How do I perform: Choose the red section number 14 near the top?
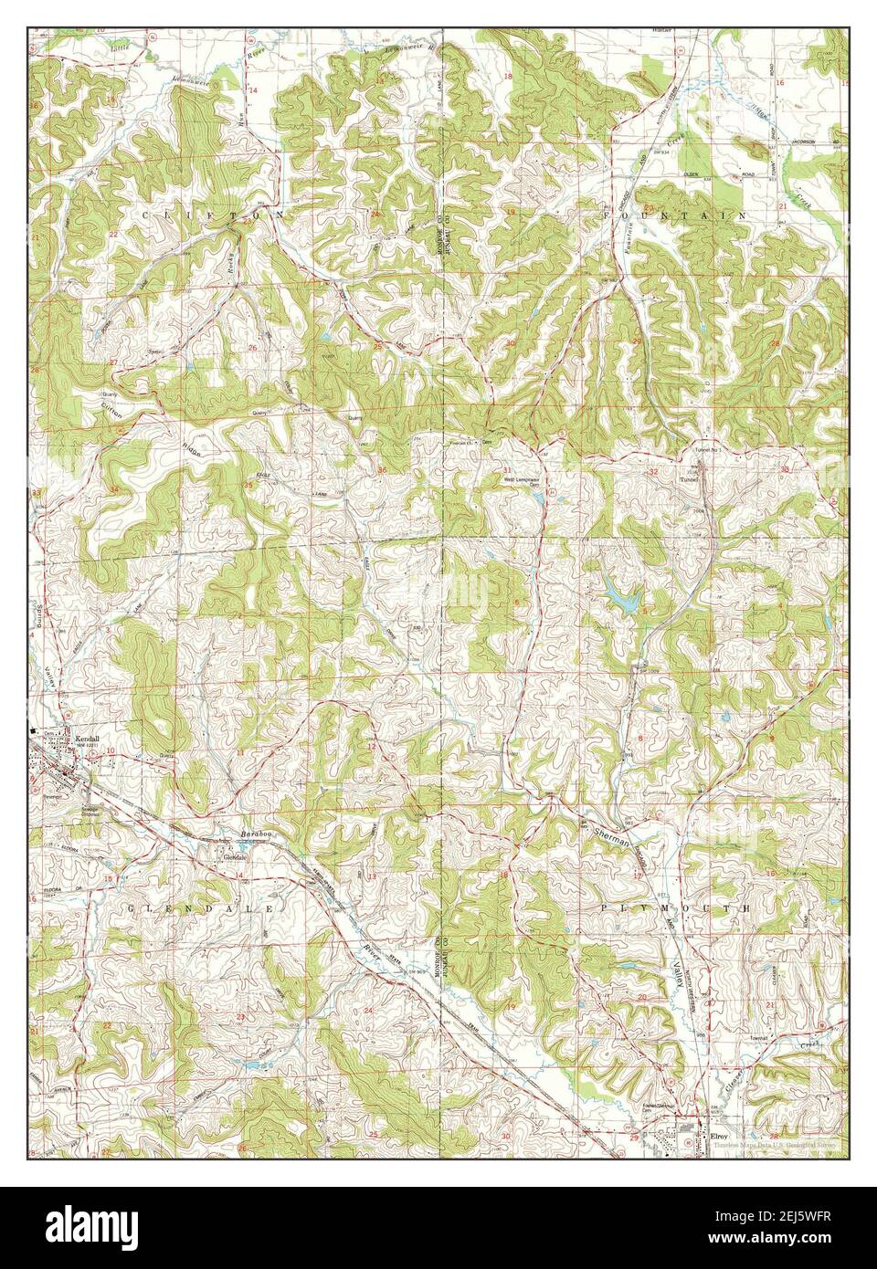tap(253, 90)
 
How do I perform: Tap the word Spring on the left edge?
tap(40, 614)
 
